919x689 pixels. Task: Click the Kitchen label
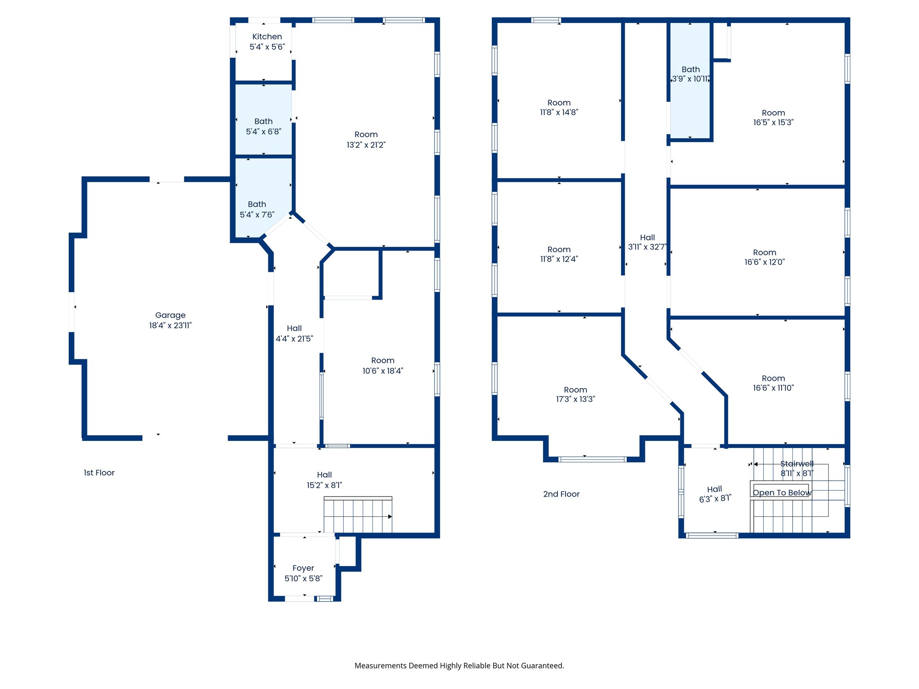coord(267,37)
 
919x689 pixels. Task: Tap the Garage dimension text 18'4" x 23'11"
coord(170,326)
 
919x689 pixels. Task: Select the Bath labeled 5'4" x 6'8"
coord(263,126)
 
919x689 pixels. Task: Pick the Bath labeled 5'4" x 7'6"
coord(257,209)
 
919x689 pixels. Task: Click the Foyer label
coord(303,568)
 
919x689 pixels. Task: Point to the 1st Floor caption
coord(99,473)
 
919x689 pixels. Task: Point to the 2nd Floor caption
coord(561,494)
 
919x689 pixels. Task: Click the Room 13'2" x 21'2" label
coord(366,140)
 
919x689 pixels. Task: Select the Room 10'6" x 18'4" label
coord(382,366)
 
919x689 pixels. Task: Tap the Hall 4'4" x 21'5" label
coord(294,333)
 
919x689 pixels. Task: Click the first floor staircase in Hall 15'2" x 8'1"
coord(358,515)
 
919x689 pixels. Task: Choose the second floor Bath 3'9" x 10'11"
coord(690,74)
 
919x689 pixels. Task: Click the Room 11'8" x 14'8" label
coord(559,108)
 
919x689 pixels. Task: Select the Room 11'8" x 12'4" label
coord(559,254)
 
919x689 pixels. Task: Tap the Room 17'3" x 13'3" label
coord(575,394)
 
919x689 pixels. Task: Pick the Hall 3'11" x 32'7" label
coord(647,242)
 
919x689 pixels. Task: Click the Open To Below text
coord(782,493)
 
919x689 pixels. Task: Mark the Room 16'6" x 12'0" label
coord(764,257)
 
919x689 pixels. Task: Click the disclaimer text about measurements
coord(459,666)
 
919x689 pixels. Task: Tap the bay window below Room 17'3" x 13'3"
coord(592,459)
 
